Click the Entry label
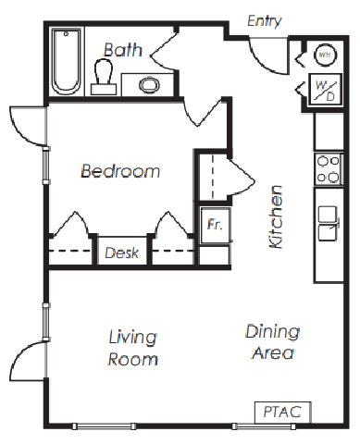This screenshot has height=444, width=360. tap(265, 21)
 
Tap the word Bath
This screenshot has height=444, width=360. tap(123, 50)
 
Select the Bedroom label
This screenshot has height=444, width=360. tap(120, 171)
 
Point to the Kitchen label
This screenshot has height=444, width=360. tap(276, 216)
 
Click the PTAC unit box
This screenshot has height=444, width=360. tap(282, 413)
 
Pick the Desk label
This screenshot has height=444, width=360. tap(122, 253)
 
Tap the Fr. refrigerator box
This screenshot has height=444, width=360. tap(216, 225)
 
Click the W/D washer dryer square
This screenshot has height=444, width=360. tap(326, 90)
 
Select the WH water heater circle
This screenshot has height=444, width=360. tap(325, 55)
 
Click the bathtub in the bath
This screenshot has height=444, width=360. tap(67, 61)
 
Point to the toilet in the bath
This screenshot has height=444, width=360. tap(104, 77)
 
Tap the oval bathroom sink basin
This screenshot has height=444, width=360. tap(150, 85)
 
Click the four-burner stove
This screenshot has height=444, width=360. tap(329, 169)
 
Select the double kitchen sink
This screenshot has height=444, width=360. tap(329, 223)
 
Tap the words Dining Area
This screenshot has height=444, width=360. tap(273, 342)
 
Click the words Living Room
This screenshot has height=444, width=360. tap(133, 348)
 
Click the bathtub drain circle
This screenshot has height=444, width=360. tap(66, 33)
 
